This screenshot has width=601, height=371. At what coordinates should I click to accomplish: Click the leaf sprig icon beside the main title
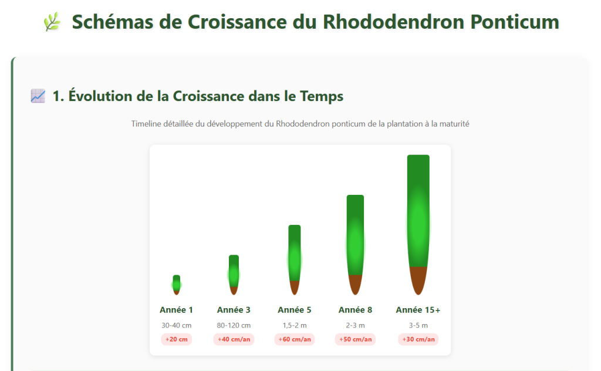tap(52, 22)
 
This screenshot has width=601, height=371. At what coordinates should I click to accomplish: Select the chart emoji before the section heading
tap(38, 96)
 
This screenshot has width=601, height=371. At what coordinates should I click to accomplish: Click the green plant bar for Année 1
tap(176, 282)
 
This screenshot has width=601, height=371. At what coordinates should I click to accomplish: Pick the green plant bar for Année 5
tap(295, 252)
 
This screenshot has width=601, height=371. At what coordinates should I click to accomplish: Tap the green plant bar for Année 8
tap(355, 235)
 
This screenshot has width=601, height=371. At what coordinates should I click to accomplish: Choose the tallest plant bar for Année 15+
tap(418, 211)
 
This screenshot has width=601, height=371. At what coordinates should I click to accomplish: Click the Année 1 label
tap(176, 310)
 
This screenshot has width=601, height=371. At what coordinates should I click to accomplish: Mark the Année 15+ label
tap(418, 310)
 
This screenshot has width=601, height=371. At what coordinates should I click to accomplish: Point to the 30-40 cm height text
tap(176, 325)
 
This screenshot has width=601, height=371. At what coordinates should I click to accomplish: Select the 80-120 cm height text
tap(234, 325)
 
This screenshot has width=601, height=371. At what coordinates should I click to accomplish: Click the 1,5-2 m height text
tap(295, 325)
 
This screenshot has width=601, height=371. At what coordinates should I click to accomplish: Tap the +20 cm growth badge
tap(176, 339)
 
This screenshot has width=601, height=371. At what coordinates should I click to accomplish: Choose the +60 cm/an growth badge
tap(295, 339)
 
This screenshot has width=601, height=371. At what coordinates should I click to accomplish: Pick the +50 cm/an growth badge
tap(355, 339)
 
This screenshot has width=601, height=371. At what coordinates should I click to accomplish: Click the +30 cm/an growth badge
tap(418, 339)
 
